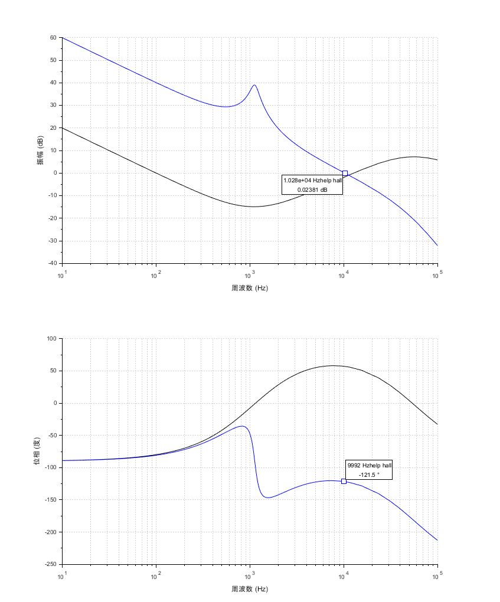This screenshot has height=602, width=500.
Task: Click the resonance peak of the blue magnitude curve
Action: coord(254,85)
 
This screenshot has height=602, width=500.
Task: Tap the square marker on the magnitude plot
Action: coord(345,174)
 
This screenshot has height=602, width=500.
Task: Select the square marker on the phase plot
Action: coord(344,481)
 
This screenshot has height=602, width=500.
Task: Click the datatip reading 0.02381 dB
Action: coord(312,185)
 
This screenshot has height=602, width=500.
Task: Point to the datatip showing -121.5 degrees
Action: coord(369,470)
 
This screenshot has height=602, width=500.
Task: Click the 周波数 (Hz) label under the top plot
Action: coord(250,288)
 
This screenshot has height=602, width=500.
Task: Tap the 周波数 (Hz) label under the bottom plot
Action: coord(250,589)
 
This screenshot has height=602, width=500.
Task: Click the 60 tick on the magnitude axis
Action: coord(53,38)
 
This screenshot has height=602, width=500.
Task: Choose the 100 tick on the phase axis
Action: coord(51,339)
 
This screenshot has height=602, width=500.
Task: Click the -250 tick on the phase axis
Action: coord(50,564)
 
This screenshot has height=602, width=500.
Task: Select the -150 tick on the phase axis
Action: coord(50,500)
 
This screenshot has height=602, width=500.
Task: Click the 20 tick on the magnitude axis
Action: coord(53,128)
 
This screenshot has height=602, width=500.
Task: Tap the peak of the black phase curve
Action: coord(334,365)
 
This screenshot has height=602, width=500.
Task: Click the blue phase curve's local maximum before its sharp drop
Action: coord(242,426)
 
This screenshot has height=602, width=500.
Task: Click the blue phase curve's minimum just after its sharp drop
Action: coord(269,498)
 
